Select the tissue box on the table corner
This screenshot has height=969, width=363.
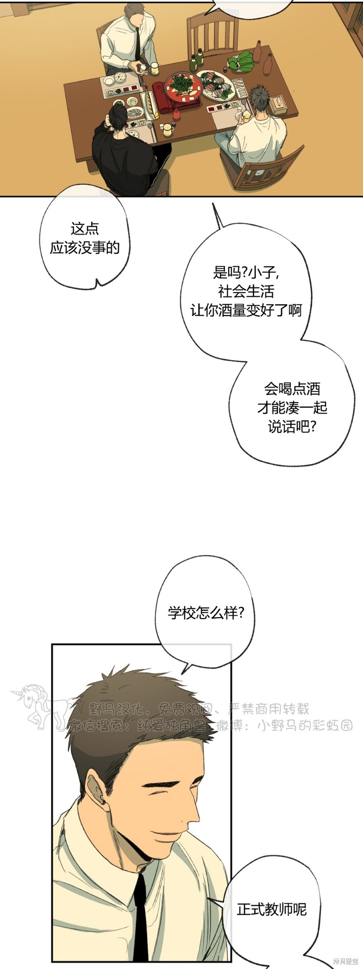pos(278,105)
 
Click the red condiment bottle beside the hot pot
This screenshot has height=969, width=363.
pos(176,115)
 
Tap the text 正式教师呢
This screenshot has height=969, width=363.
pos(272,909)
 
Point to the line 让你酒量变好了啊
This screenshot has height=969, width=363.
pos(246,311)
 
